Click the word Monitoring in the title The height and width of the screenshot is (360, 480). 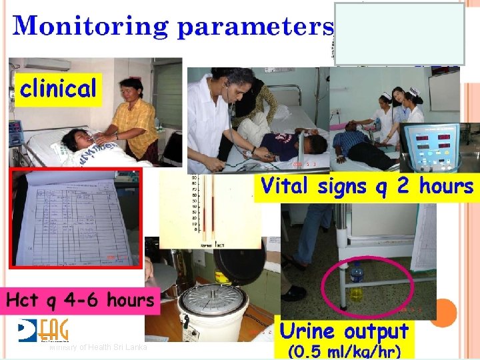pyautogui.click(x=92, y=26)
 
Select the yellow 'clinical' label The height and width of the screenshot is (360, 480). pyautogui.click(x=59, y=88)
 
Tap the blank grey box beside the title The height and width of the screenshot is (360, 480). pyautogui.click(x=399, y=33)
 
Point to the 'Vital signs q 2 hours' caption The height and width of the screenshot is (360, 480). pyautogui.click(x=367, y=185)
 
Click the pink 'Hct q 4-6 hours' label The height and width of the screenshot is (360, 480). pyautogui.click(x=81, y=301)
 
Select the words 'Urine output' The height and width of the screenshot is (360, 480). pyautogui.click(x=344, y=331)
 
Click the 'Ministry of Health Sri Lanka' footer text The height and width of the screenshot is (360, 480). pyautogui.click(x=98, y=348)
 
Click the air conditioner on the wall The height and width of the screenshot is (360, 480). pyautogui.click(x=46, y=64)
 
